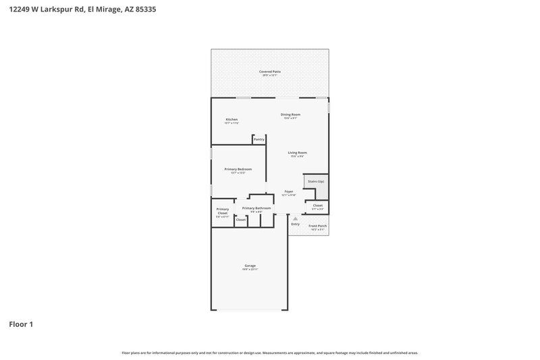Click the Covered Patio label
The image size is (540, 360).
click(x=270, y=71)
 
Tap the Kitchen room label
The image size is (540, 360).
click(x=232, y=120)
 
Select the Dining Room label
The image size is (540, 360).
click(x=291, y=114)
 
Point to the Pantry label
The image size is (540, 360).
click(x=259, y=139)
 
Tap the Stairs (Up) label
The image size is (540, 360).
click(x=316, y=182)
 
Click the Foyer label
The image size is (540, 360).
click(x=289, y=192)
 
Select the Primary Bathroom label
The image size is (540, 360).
click(x=256, y=208)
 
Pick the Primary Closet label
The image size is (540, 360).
click(x=223, y=211)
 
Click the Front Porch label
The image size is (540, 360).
click(x=317, y=226)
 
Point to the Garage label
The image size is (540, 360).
click(x=250, y=265)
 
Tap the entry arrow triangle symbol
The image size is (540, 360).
click(x=295, y=218)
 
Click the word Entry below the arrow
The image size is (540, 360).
click(x=295, y=224)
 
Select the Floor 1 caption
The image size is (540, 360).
click(x=21, y=324)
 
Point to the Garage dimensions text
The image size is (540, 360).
click(x=250, y=269)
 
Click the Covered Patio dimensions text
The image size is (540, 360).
click(x=270, y=75)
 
